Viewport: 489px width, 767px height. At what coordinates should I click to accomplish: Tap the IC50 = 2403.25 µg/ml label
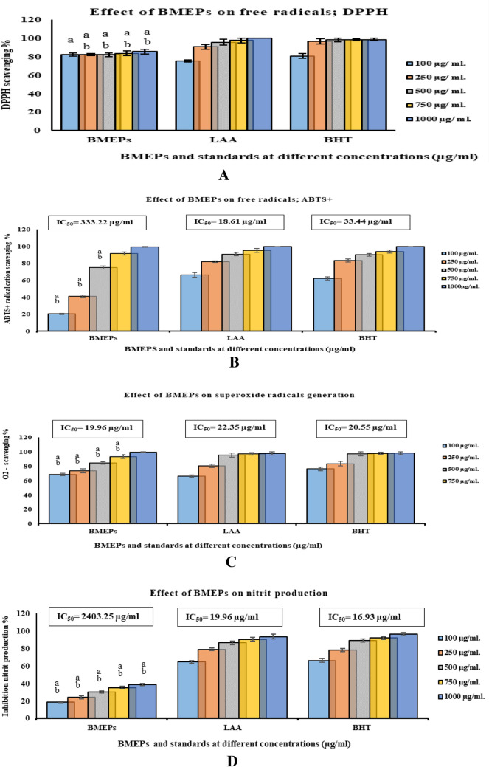(97, 617)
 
